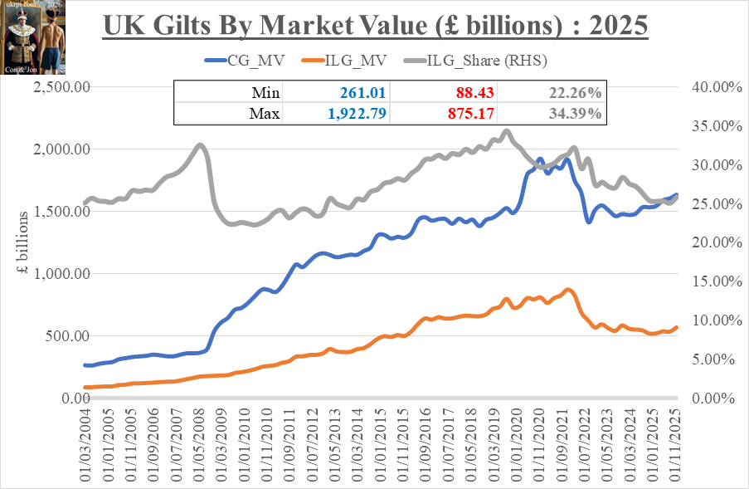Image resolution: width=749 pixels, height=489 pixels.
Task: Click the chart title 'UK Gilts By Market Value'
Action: [375, 25]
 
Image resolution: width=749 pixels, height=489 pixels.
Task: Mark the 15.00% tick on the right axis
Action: [708, 281]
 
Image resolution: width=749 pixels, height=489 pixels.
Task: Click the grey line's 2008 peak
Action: [200, 145]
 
